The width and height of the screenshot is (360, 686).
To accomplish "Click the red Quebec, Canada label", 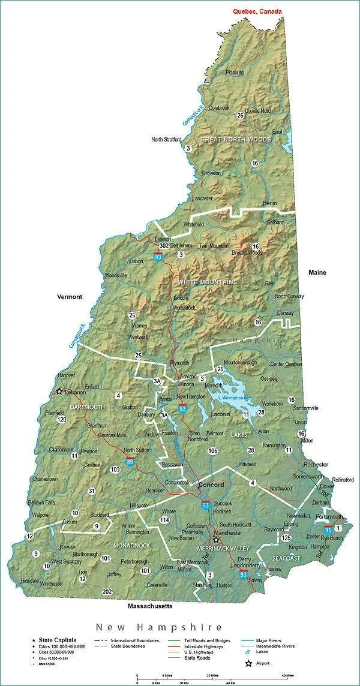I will tap(258, 11).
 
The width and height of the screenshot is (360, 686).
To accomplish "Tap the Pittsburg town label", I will tap(235, 73).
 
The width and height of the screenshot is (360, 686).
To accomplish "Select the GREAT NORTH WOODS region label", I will tap(236, 139).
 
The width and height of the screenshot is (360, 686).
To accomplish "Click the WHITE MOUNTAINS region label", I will tap(208, 282).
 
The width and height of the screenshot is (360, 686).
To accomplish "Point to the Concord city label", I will tap(211, 485).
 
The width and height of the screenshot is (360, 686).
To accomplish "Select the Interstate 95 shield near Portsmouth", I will tap(328, 529).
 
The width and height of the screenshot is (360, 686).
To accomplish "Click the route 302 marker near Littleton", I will tap(164, 246).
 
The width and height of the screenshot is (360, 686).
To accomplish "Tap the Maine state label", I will tap(317, 272).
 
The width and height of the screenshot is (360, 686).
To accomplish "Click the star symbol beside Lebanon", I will tap(59, 392).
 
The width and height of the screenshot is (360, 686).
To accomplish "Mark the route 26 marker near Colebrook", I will tap(240, 115).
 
